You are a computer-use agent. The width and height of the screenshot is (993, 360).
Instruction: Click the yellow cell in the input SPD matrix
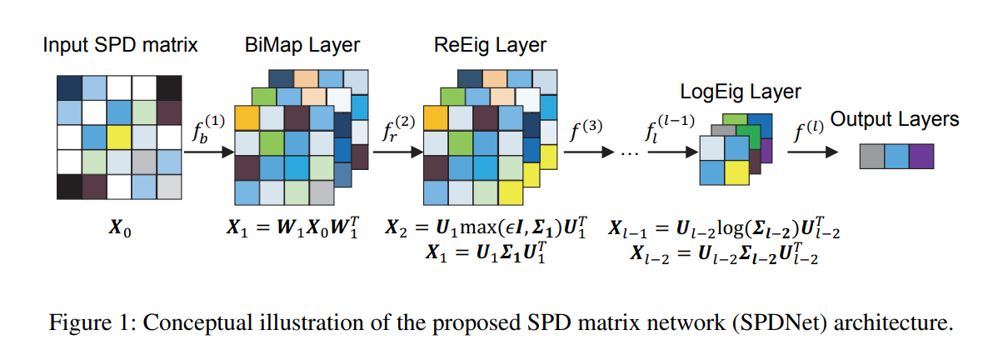tap(119, 136)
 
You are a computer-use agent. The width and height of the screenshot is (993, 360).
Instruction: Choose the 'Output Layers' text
tap(896, 119)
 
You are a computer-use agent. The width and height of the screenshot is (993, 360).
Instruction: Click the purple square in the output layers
tap(922, 156)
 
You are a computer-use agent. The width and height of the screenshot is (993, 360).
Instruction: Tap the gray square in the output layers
tap(872, 156)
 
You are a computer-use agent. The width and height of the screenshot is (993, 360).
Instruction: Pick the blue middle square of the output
tap(897, 156)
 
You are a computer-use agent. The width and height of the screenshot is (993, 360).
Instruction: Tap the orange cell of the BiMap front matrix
tap(247, 118)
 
